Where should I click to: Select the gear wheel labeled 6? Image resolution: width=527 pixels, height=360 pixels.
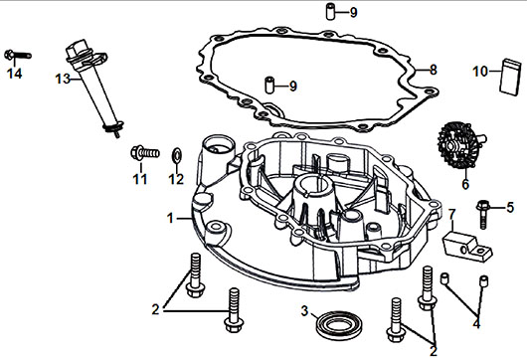click(459, 145)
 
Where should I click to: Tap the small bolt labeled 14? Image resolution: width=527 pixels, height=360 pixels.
click(18, 55)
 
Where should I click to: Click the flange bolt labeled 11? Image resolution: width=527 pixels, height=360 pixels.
click(144, 153)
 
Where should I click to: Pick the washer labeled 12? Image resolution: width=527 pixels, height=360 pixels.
click(176, 154)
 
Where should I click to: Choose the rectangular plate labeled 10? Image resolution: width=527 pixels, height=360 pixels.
click(510, 77)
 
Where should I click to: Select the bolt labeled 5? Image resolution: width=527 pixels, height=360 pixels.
click(483, 213)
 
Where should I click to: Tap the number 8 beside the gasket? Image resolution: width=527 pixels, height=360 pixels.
click(434, 70)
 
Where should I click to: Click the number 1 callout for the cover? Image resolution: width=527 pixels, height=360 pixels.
click(170, 219)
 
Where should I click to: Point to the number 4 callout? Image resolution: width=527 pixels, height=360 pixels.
click(476, 323)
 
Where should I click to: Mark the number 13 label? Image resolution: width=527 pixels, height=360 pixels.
click(63, 79)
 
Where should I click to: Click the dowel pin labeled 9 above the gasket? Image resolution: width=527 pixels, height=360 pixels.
click(331, 11)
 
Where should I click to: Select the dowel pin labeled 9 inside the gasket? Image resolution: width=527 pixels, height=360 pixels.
click(269, 86)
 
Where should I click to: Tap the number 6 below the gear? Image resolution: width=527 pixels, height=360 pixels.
click(465, 184)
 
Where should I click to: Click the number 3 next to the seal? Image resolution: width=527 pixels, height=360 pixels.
click(304, 311)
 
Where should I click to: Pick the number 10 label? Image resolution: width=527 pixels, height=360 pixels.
click(480, 72)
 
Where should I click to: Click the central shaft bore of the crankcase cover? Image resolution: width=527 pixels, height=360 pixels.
click(314, 185)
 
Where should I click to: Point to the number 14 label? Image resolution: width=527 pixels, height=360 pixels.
click(15, 74)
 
